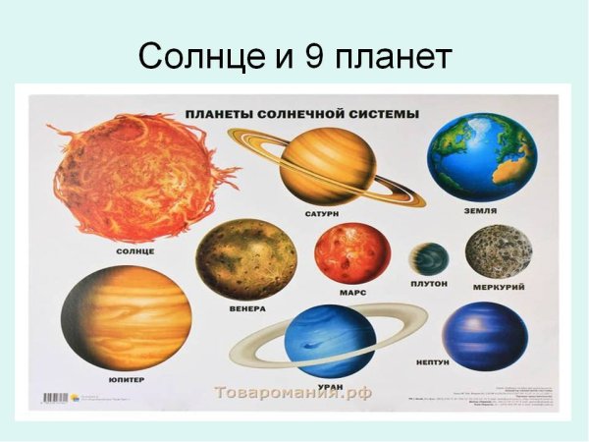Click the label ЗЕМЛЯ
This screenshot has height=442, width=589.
480,210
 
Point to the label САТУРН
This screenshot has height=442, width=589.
321,213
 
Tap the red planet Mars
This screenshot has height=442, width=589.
352,252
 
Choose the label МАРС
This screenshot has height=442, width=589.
352,292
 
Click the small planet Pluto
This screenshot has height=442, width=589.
429,259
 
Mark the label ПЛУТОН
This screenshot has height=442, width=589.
429,283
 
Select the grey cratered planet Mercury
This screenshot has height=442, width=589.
499,251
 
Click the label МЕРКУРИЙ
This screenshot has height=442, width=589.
498,287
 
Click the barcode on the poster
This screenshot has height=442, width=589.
58,398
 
